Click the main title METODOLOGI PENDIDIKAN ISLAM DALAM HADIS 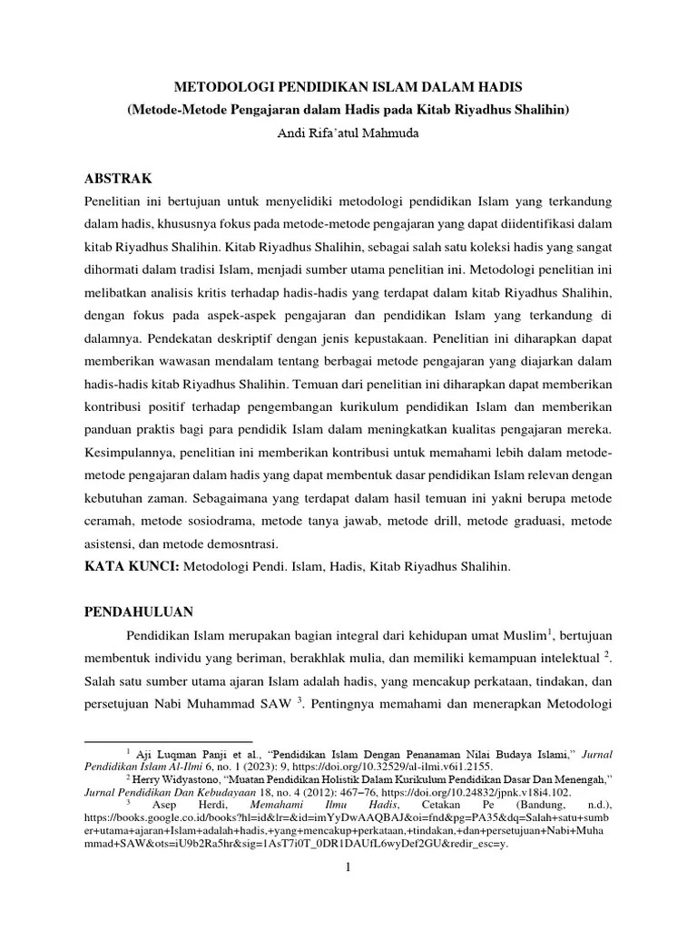coord(348,88)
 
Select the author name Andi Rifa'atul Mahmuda coord(348,132)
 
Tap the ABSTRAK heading coord(118,177)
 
